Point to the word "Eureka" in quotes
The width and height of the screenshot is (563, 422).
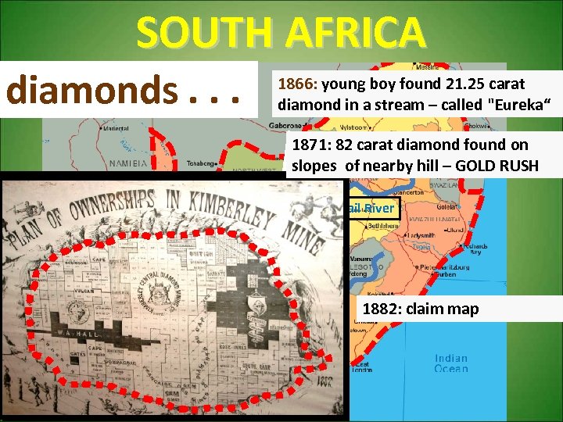[512, 102]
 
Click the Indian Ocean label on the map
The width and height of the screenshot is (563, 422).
[450, 364]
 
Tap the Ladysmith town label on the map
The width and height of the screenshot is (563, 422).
[421, 234]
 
